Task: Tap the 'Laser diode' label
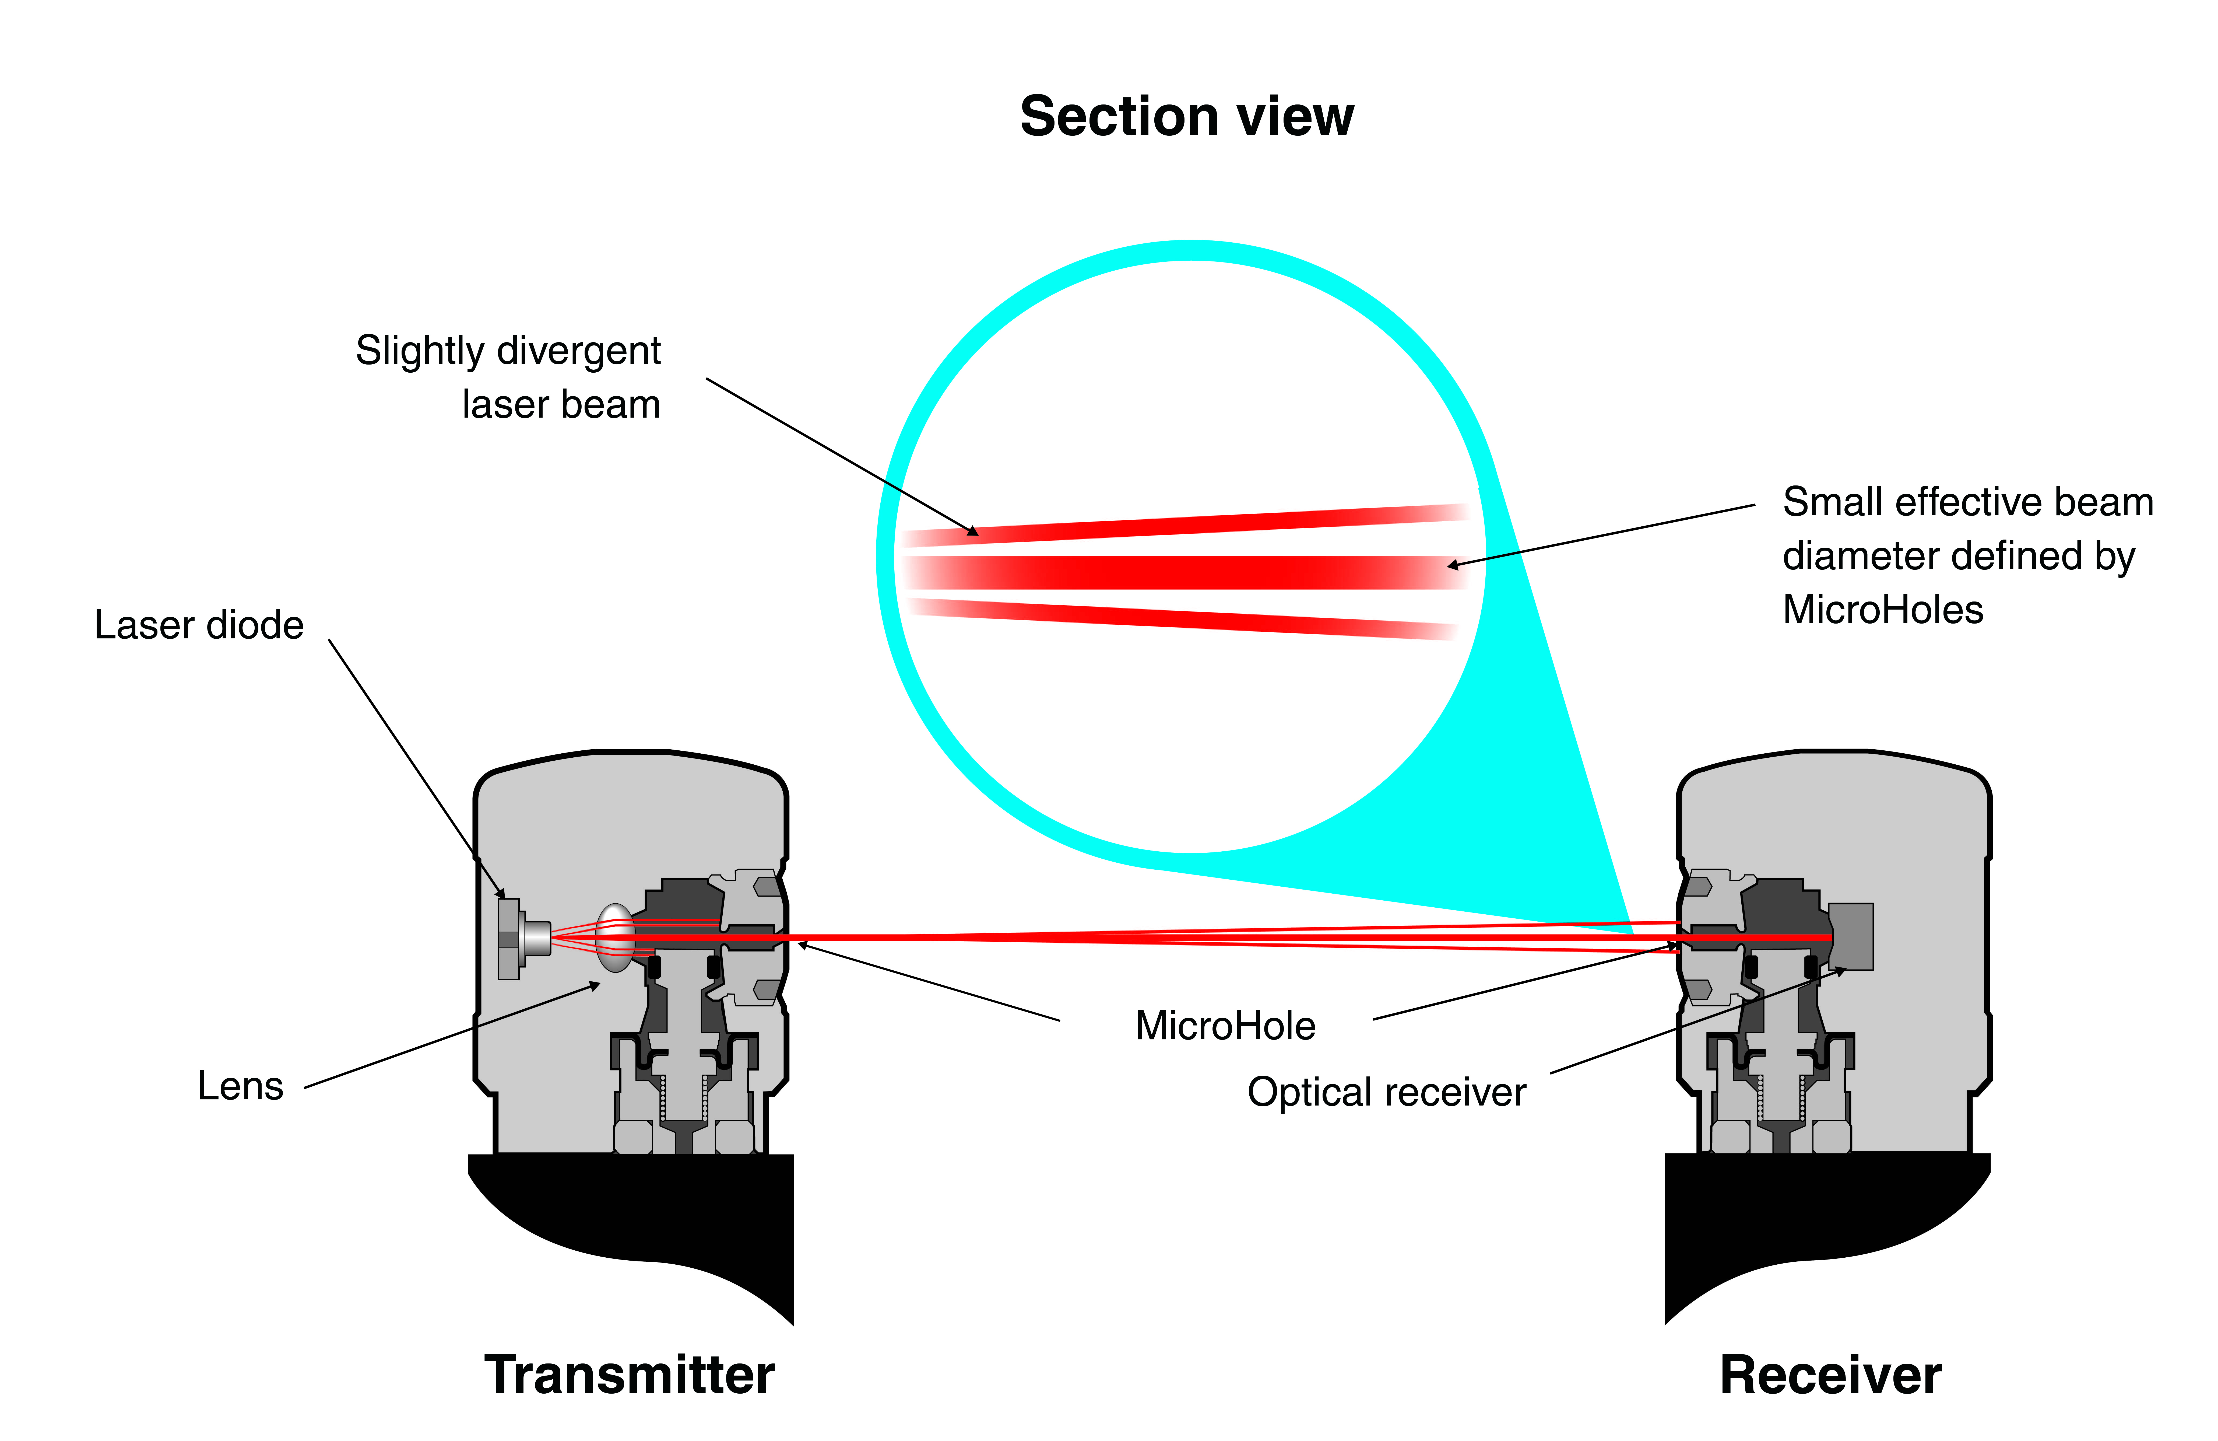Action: point(199,624)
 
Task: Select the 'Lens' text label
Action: point(240,1086)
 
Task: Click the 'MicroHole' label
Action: point(1225,1025)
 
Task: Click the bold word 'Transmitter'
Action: point(629,1375)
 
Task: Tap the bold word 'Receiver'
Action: point(1830,1375)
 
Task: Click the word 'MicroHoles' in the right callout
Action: point(1882,610)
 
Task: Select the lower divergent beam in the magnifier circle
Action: point(1184,619)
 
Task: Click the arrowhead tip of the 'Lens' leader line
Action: point(600,983)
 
